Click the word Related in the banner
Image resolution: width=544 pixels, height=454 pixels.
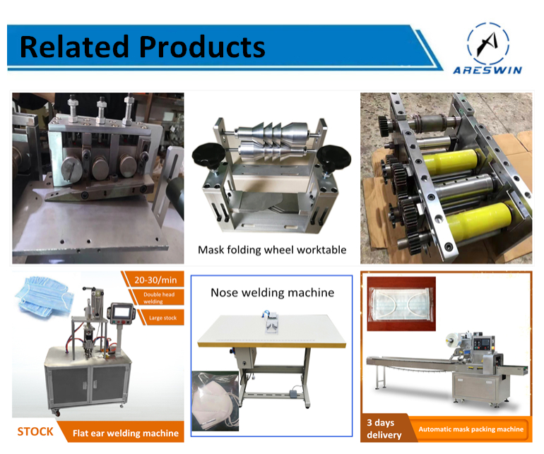pos(74,47)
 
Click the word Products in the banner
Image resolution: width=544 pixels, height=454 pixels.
pos(202,47)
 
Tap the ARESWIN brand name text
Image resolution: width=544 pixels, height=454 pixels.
pos(487,71)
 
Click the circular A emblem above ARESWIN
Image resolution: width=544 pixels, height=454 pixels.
pos(488,43)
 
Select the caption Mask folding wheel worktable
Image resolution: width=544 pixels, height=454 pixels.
pos(272,250)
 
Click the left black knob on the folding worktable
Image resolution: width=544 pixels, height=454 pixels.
pos(208,156)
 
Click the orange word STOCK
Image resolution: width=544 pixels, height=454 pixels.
pos(35,431)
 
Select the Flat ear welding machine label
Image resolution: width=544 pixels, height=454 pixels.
pos(126,434)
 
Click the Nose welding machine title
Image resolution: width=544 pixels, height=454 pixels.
pos(272,292)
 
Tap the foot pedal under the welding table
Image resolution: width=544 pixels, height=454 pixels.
pos(295,393)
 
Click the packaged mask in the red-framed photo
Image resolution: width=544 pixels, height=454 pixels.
pos(402,304)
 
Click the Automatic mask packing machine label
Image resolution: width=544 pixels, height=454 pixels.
pos(471,429)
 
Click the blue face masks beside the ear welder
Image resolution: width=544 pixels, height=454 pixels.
pos(44,296)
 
